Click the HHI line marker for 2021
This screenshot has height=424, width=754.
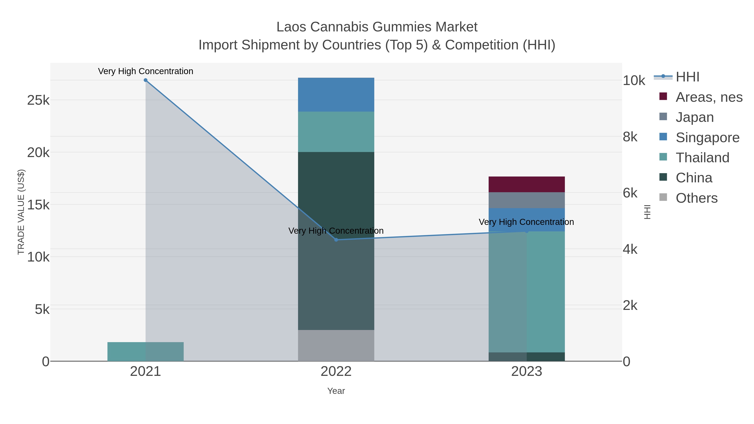click(146, 80)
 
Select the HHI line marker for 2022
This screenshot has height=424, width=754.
click(336, 240)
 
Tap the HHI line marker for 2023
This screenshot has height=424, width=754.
click(527, 231)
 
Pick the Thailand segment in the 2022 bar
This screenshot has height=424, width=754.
click(336, 132)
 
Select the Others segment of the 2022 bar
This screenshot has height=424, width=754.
click(336, 345)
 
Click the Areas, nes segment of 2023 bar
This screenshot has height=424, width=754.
click(527, 184)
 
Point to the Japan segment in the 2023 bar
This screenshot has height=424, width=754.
click(527, 200)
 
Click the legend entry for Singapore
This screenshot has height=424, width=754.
click(707, 138)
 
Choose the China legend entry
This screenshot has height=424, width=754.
click(694, 178)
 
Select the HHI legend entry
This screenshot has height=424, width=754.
click(687, 77)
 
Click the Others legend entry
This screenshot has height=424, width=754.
click(696, 198)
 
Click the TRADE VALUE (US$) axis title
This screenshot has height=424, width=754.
click(21, 212)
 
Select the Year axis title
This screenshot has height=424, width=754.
click(336, 391)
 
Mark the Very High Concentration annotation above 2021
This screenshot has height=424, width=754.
click(146, 71)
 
